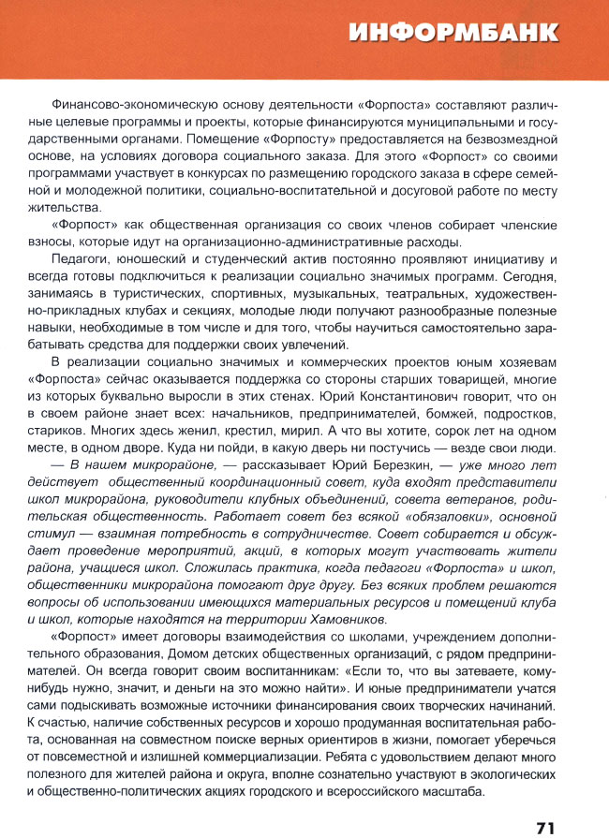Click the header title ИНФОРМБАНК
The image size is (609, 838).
pyautogui.click(x=453, y=35)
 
